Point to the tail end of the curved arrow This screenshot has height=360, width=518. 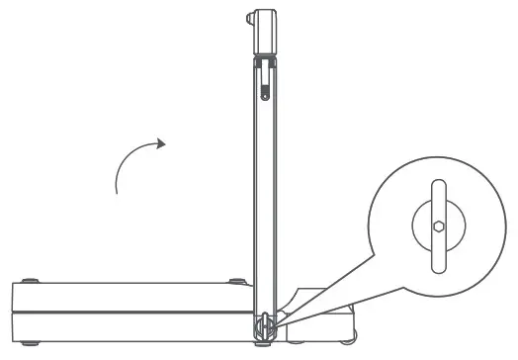[118, 192]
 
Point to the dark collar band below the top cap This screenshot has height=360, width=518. [266, 62]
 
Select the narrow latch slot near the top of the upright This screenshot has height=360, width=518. [266, 84]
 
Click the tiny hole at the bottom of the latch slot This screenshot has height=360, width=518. [266, 97]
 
